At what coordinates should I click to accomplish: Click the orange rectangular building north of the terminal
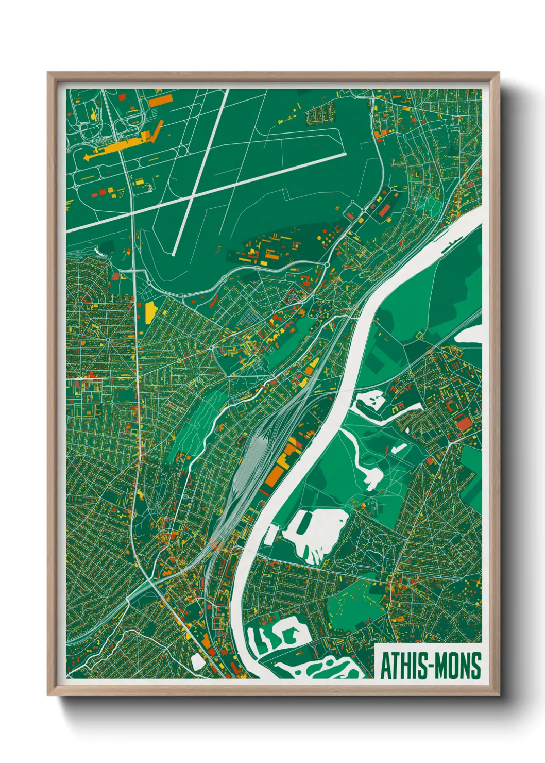click(160, 100)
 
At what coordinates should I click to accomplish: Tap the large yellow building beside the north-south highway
click(150, 312)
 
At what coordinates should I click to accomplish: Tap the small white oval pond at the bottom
click(197, 661)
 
